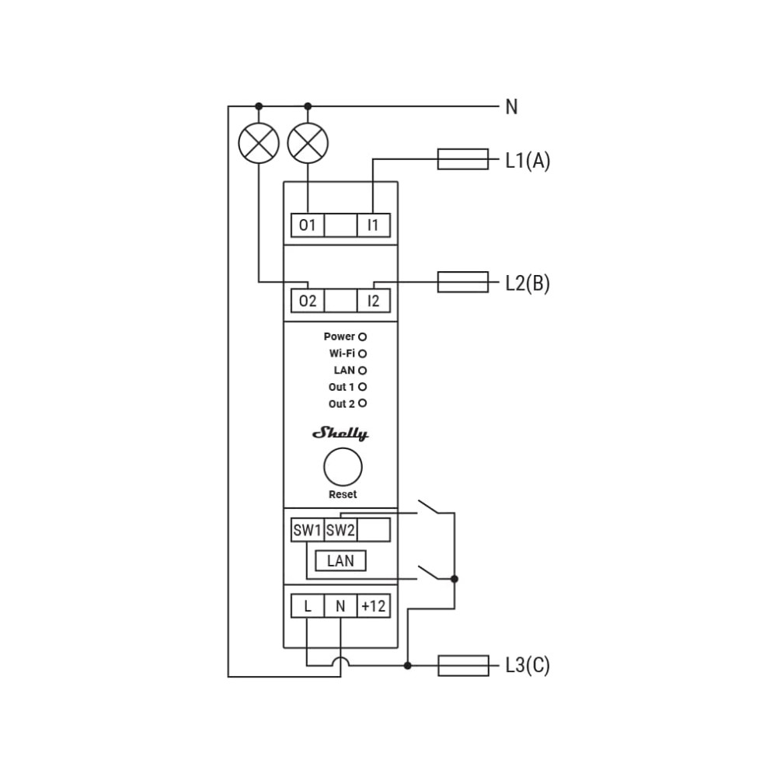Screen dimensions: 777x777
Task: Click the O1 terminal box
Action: (x=307, y=225)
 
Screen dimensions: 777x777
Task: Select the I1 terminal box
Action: (x=373, y=225)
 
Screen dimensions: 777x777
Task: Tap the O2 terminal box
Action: (x=307, y=301)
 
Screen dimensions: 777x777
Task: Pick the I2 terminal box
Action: (x=373, y=301)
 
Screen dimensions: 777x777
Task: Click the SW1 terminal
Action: (x=307, y=530)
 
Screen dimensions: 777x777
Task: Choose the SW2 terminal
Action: (x=340, y=530)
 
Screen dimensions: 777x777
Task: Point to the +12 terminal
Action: (x=373, y=606)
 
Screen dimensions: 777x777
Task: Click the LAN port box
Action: (x=340, y=560)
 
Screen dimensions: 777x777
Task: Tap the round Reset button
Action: (x=343, y=467)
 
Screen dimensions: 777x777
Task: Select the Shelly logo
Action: (x=340, y=434)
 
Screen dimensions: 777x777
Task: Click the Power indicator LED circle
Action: (x=362, y=337)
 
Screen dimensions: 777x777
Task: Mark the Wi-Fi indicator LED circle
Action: (x=362, y=354)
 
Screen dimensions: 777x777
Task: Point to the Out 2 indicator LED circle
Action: (x=362, y=403)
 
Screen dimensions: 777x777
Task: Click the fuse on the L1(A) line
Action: (x=463, y=159)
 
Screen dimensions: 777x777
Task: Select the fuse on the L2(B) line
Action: (x=463, y=282)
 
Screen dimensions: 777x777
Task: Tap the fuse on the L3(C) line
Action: (x=463, y=666)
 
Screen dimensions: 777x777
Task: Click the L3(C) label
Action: (x=528, y=666)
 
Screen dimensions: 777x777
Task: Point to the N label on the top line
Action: (x=511, y=107)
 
